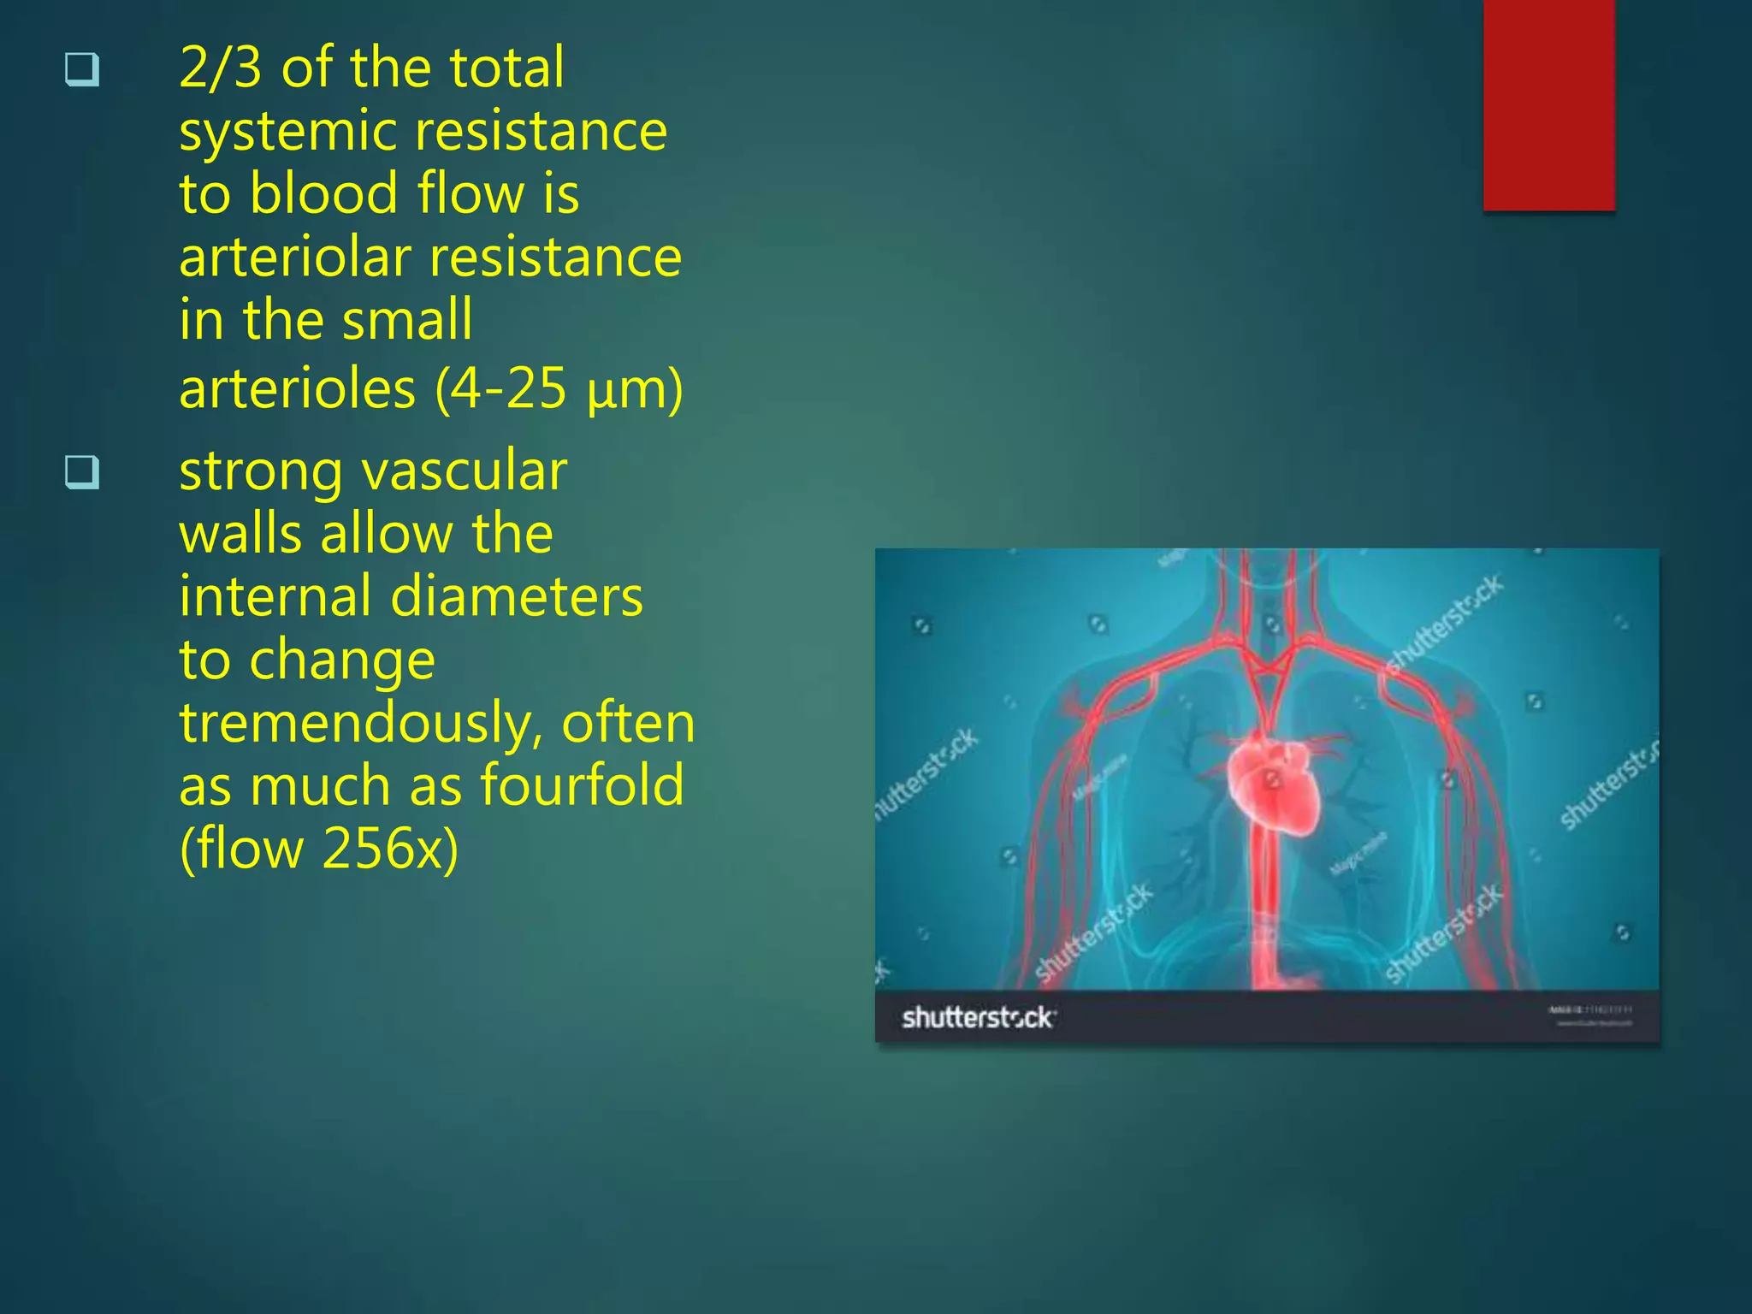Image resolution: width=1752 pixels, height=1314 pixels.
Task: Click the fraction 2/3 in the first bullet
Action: coord(220,68)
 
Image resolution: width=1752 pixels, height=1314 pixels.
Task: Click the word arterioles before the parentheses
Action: coord(297,388)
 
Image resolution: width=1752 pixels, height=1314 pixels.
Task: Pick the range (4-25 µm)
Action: coord(559,388)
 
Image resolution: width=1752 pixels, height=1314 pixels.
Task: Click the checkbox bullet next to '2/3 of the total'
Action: coord(82,69)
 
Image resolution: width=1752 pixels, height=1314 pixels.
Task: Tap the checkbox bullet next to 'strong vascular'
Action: coord(82,471)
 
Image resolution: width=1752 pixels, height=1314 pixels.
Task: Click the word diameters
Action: coord(517,597)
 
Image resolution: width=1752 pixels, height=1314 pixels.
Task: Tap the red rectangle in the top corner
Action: coord(1548,104)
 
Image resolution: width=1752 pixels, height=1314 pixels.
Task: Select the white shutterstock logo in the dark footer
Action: coord(978,1018)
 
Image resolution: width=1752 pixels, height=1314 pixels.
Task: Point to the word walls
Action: coord(240,535)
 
